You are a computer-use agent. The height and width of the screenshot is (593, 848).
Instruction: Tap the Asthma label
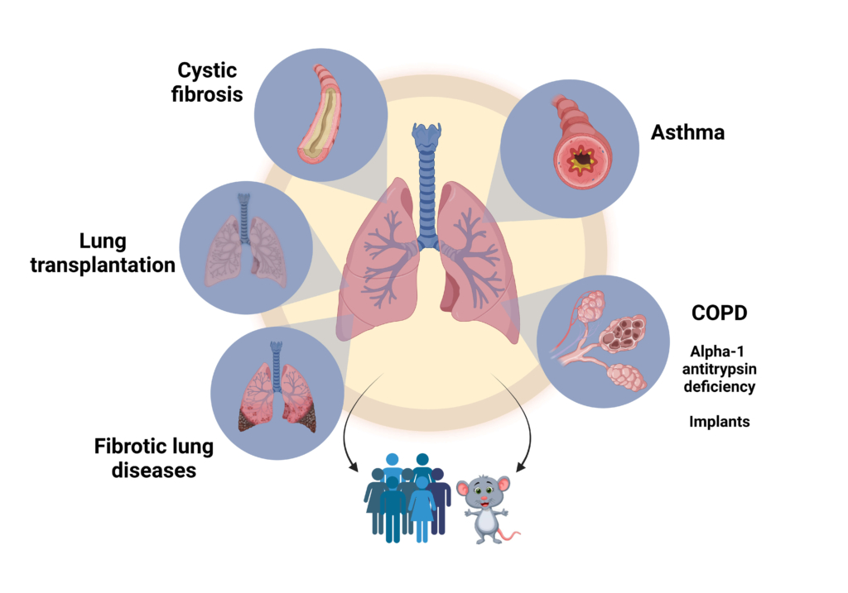(687, 132)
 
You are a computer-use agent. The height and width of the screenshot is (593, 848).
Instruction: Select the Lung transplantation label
(104, 253)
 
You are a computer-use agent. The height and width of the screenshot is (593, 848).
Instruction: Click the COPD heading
(719, 315)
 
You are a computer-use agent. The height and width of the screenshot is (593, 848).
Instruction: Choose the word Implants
(719, 422)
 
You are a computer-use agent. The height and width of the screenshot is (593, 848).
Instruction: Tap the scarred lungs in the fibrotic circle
(276, 397)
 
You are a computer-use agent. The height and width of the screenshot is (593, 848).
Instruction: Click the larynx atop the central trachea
(427, 136)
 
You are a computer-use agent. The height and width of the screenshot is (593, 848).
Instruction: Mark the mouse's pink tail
(511, 536)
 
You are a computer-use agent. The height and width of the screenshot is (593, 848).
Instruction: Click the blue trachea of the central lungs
(427, 198)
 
